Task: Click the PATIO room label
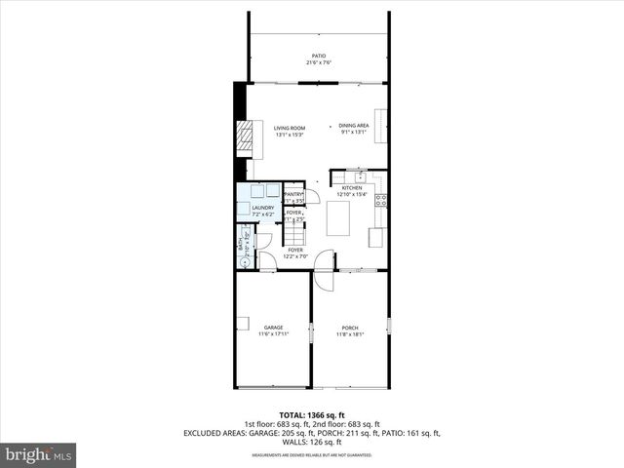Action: click(x=319, y=57)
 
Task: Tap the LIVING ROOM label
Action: click(x=289, y=128)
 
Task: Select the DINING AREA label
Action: click(x=353, y=126)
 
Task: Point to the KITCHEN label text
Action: click(x=352, y=188)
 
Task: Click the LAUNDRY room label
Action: click(x=262, y=208)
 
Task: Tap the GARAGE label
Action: click(x=273, y=328)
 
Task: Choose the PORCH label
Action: click(x=349, y=328)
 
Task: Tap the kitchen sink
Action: click(x=361, y=176)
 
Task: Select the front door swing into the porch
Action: click(x=320, y=280)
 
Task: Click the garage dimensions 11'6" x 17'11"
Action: click(x=273, y=334)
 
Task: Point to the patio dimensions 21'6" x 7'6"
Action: click(x=319, y=63)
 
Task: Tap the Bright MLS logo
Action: click(x=39, y=454)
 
